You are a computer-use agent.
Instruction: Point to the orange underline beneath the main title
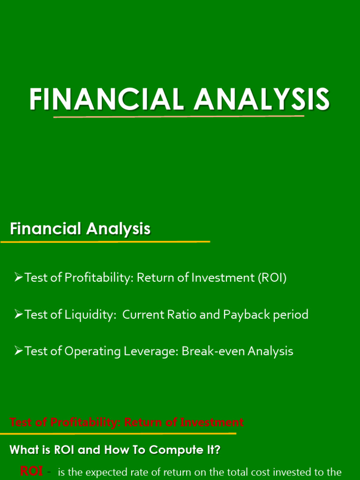(179, 116)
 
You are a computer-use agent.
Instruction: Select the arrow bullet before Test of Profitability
(19, 278)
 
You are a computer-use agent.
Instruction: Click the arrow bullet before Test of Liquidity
(19, 315)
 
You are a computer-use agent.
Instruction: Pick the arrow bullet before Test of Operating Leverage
(19, 351)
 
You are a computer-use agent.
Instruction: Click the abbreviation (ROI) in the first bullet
(271, 278)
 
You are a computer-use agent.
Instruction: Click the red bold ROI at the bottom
(32, 471)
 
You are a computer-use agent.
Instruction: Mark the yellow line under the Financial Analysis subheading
(105, 242)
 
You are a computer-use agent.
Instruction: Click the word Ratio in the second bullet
(180, 315)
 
